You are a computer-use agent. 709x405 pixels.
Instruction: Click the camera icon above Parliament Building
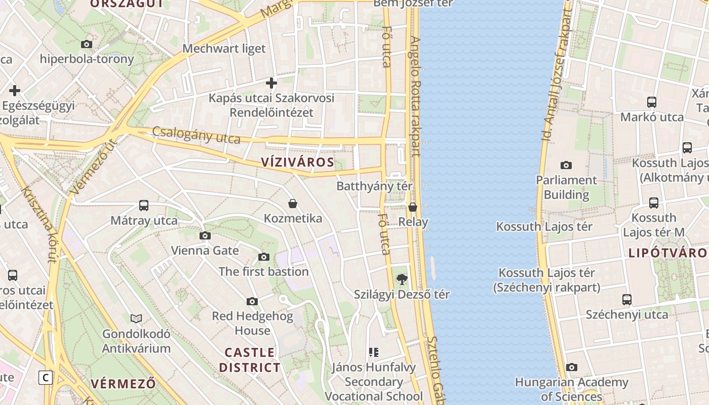pos(566,165)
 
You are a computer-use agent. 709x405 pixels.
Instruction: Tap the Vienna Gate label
pos(205,251)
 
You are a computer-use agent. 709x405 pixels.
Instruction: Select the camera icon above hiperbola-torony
pos(87,44)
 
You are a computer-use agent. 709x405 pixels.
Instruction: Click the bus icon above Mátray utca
pos(144,206)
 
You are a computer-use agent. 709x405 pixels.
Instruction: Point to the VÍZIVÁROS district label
pos(298,163)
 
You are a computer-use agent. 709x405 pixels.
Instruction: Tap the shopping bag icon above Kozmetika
pos(293,204)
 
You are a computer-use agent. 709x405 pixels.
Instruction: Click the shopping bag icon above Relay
pos(413,207)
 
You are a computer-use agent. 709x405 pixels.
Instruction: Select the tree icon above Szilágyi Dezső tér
pos(402,279)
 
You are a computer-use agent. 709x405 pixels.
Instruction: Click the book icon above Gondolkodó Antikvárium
pos(136,318)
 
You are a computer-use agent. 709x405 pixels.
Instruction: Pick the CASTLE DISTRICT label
pos(250,360)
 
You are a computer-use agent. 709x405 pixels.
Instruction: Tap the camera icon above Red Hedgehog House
pos(252,301)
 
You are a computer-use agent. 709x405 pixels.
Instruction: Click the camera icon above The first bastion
pos(263,257)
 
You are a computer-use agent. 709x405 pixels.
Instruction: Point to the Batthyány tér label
pos(374,186)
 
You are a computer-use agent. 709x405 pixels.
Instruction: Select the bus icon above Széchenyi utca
pos(627,299)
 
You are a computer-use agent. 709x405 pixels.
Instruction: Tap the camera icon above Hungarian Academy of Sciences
pos(572,367)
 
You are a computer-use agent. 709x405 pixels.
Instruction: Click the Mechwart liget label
pos(224,49)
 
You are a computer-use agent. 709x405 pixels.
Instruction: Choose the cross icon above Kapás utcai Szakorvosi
pos(271,83)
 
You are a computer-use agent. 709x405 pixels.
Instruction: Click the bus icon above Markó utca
pos(652,102)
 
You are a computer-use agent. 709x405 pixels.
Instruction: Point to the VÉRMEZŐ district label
pos(123,383)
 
